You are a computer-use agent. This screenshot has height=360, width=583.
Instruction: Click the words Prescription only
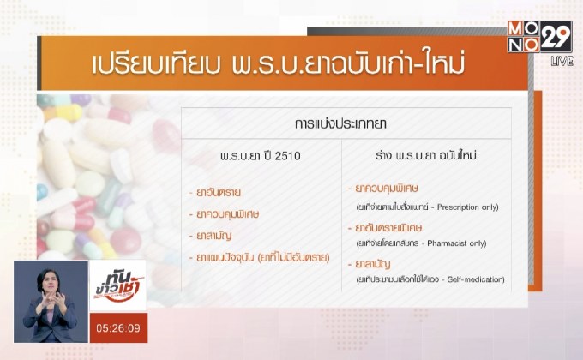coord(468,207)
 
